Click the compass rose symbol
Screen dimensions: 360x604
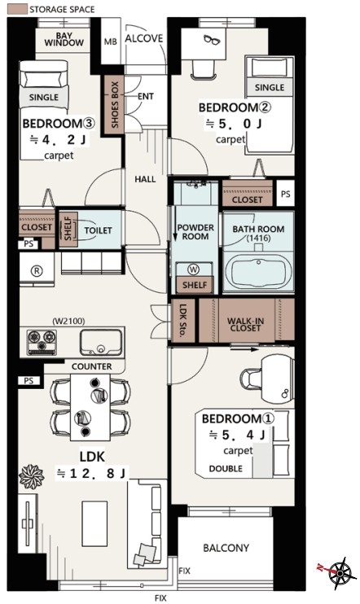tap(339, 573)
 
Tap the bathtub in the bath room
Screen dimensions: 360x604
tap(259, 272)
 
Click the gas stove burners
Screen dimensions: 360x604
tap(42, 341)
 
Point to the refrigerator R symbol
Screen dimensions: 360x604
tap(37, 271)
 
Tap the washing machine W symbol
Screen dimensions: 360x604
tap(195, 269)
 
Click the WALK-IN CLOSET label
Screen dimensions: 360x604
tap(246, 324)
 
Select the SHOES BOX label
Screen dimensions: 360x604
tap(115, 104)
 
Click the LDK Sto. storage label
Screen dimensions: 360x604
tap(183, 320)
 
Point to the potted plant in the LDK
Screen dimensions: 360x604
tap(32, 476)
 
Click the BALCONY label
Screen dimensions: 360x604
tap(226, 548)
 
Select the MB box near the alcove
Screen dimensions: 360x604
tap(111, 41)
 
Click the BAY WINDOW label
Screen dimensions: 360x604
tap(64, 39)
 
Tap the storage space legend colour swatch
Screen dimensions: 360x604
tap(17, 9)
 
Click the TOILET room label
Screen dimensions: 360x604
tap(99, 230)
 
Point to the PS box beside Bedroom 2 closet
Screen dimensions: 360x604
tap(286, 194)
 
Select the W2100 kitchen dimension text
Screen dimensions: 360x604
tap(68, 321)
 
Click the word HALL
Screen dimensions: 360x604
tap(145, 179)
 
